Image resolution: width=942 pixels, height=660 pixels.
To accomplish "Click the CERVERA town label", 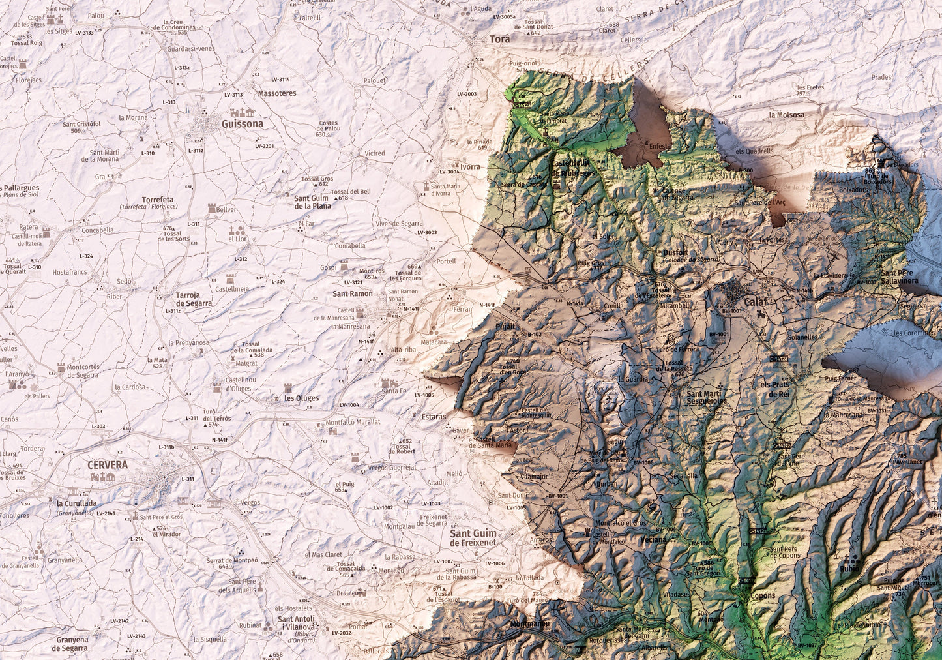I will pos(108,465).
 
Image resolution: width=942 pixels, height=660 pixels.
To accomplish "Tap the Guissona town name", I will pos(243,124).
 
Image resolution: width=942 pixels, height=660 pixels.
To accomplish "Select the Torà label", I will pos(500,39).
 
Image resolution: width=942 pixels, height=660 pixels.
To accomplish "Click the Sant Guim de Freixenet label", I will pos(473,537).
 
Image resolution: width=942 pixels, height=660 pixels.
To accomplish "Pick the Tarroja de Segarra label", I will pos(194,299).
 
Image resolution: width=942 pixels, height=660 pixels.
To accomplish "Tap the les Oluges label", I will pos(301,398).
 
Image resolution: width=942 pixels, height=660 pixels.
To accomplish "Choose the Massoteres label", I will pos(276,93).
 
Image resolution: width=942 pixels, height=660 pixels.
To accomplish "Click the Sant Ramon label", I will pos(353,293).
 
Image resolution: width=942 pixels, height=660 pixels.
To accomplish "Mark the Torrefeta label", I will pos(158,200).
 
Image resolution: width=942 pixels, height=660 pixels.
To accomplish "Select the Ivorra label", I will pos(470,166).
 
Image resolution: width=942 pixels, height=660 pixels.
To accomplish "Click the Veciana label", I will pos(653,539).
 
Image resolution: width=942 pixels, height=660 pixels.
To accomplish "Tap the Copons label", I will pos(763,595).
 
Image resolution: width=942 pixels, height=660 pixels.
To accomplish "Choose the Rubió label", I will pos(849,568).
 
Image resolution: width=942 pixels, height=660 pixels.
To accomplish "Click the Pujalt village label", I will pos(505,325).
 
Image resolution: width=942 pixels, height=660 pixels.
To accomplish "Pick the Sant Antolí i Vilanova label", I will pos(296,623).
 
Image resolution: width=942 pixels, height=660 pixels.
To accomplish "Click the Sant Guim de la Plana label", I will pos(313,202).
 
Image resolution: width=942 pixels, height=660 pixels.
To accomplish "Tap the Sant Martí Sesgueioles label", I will pos(706,397).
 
